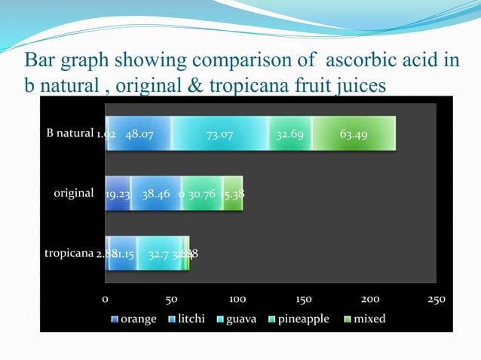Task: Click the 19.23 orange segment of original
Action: pyautogui.click(x=118, y=194)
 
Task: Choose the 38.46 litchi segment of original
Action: pyautogui.click(x=156, y=194)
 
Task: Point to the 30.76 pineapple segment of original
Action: pyautogui.click(x=202, y=194)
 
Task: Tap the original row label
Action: pyautogui.click(x=73, y=193)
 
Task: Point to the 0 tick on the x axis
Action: pyautogui.click(x=106, y=300)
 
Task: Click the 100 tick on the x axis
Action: pyautogui.click(x=237, y=300)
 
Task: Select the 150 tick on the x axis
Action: pyautogui.click(x=303, y=300)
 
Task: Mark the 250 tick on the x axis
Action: pyautogui.click(x=435, y=300)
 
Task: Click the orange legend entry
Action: pyautogui.click(x=134, y=319)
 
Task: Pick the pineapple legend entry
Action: pyautogui.click(x=298, y=319)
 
